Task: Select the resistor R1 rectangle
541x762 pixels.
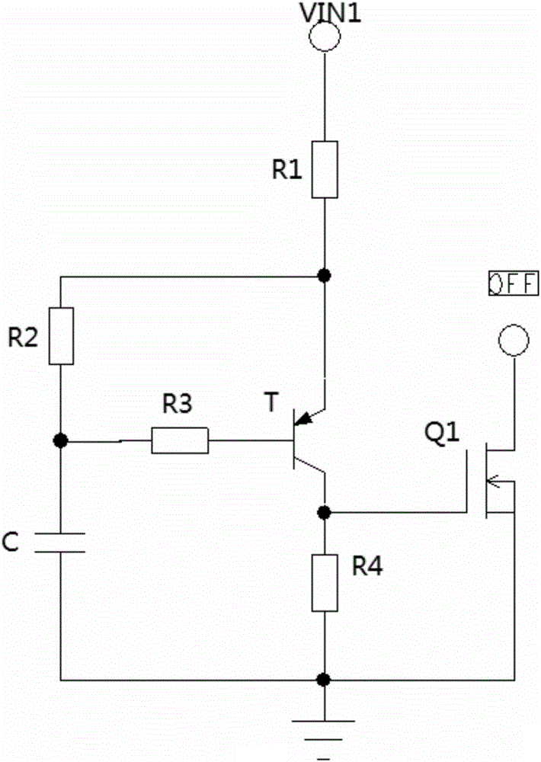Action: click(x=325, y=170)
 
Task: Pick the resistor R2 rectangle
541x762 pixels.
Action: click(x=60, y=335)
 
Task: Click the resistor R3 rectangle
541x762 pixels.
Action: click(x=180, y=441)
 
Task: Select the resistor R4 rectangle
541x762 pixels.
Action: click(x=325, y=583)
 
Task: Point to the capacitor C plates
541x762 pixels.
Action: click(x=60, y=543)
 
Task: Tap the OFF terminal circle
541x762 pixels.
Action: click(x=512, y=341)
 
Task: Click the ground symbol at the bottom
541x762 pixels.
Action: click(x=325, y=724)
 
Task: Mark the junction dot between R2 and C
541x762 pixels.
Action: click(x=60, y=441)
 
